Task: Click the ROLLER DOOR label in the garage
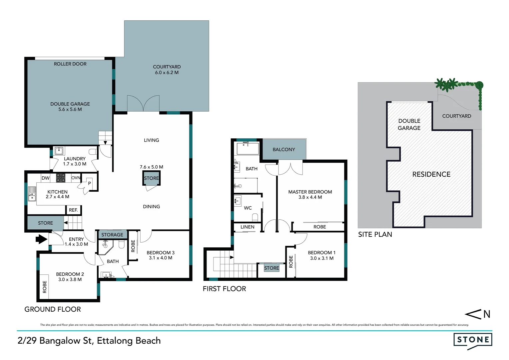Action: pyautogui.click(x=70, y=64)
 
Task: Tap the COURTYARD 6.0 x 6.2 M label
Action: pyautogui.click(x=167, y=70)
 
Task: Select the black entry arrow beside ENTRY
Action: pyautogui.click(x=41, y=239)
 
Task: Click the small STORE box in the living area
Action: pyautogui.click(x=151, y=178)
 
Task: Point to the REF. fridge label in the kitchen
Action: pyautogui.click(x=73, y=210)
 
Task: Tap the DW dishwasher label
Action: pyautogui.click(x=45, y=178)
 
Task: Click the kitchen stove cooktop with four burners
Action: pyautogui.click(x=61, y=178)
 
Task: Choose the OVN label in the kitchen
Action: pyautogui.click(x=76, y=178)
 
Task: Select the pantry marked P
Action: pyautogui.click(x=90, y=183)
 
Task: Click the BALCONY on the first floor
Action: pyautogui.click(x=284, y=149)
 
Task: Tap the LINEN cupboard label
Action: pyautogui.click(x=248, y=227)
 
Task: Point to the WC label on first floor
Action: pyautogui.click(x=248, y=208)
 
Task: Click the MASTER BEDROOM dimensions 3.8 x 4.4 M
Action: pyautogui.click(x=310, y=197)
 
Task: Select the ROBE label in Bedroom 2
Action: pyautogui.click(x=45, y=287)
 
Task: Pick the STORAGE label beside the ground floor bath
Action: pyautogui.click(x=112, y=235)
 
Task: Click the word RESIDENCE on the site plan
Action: pyautogui.click(x=431, y=174)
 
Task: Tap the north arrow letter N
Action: pyautogui.click(x=487, y=314)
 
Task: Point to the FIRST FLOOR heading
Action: pyautogui.click(x=224, y=289)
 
